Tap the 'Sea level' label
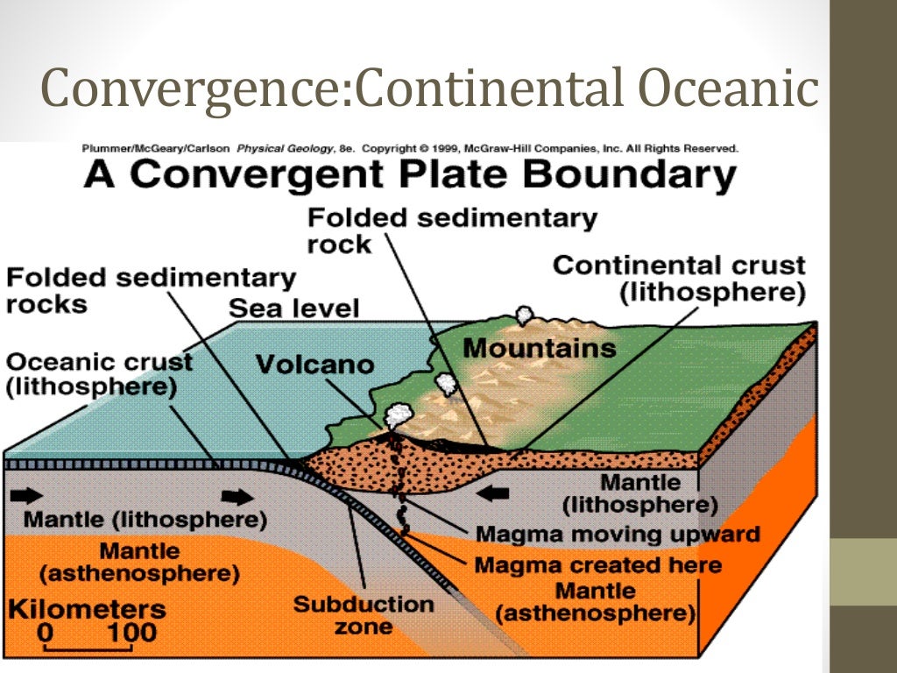(294, 308)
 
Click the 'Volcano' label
(314, 364)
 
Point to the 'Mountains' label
(539, 349)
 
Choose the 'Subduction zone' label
(363, 615)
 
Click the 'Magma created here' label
(598, 565)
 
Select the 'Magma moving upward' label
(617, 534)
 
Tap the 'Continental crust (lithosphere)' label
(679, 279)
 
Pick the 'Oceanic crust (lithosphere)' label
(99, 373)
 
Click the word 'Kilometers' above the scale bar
(88, 608)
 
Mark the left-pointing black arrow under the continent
(493, 495)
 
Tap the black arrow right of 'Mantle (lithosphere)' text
(236, 498)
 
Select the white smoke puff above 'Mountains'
(525, 315)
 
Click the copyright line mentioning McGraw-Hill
(410, 149)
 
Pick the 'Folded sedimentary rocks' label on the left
(151, 291)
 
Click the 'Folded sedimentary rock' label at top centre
(452, 230)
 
